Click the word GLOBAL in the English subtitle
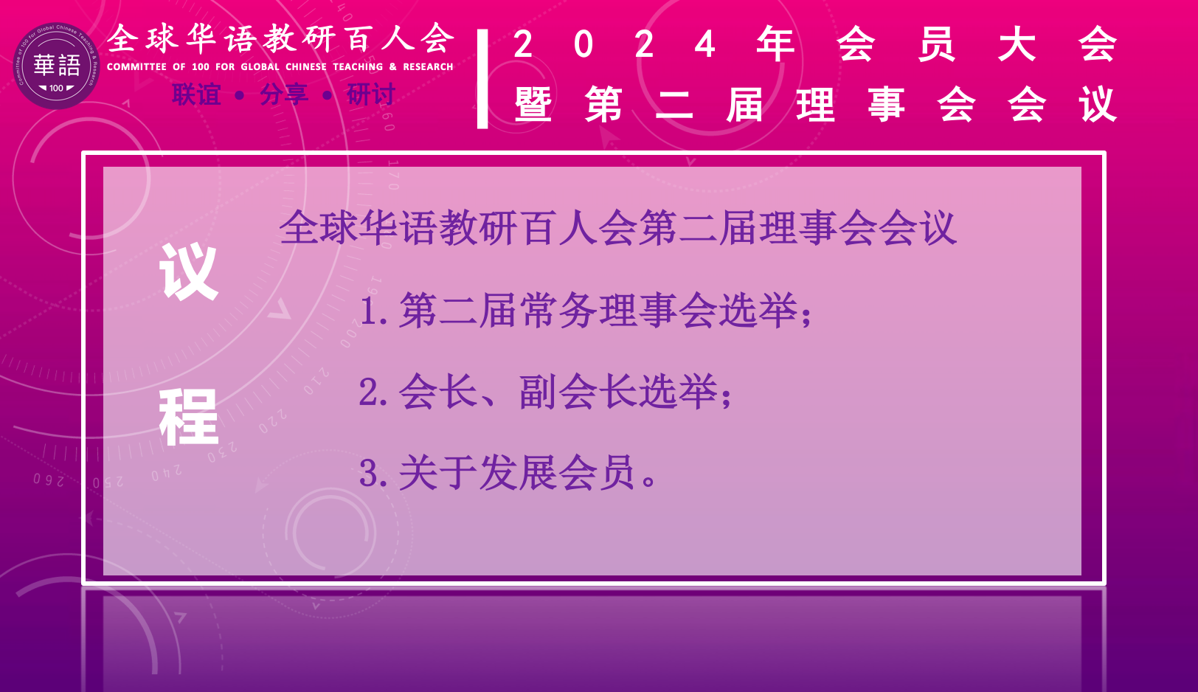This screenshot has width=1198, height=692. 260,66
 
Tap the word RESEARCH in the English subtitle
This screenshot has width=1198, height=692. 428,66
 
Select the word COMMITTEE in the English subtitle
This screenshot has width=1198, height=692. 136,66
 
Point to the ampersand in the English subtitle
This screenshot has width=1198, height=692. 393,66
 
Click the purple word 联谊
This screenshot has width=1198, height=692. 196,94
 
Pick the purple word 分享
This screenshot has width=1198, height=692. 283,94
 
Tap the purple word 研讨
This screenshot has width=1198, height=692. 370,94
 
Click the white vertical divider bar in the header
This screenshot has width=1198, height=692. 482,79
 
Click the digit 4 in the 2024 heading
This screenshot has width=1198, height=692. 704,44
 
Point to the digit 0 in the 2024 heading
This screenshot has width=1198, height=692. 584,44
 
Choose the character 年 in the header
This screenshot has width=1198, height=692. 775,44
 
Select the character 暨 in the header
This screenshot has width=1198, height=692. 533,104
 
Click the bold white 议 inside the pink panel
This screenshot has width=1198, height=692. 189,271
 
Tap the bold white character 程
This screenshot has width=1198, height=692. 189,418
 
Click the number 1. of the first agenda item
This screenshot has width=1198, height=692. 373,311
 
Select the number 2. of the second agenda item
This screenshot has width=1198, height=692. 373,392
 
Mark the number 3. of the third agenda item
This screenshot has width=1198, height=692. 373,473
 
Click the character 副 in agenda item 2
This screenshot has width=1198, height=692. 539,392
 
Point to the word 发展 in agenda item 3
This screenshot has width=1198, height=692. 518,473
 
